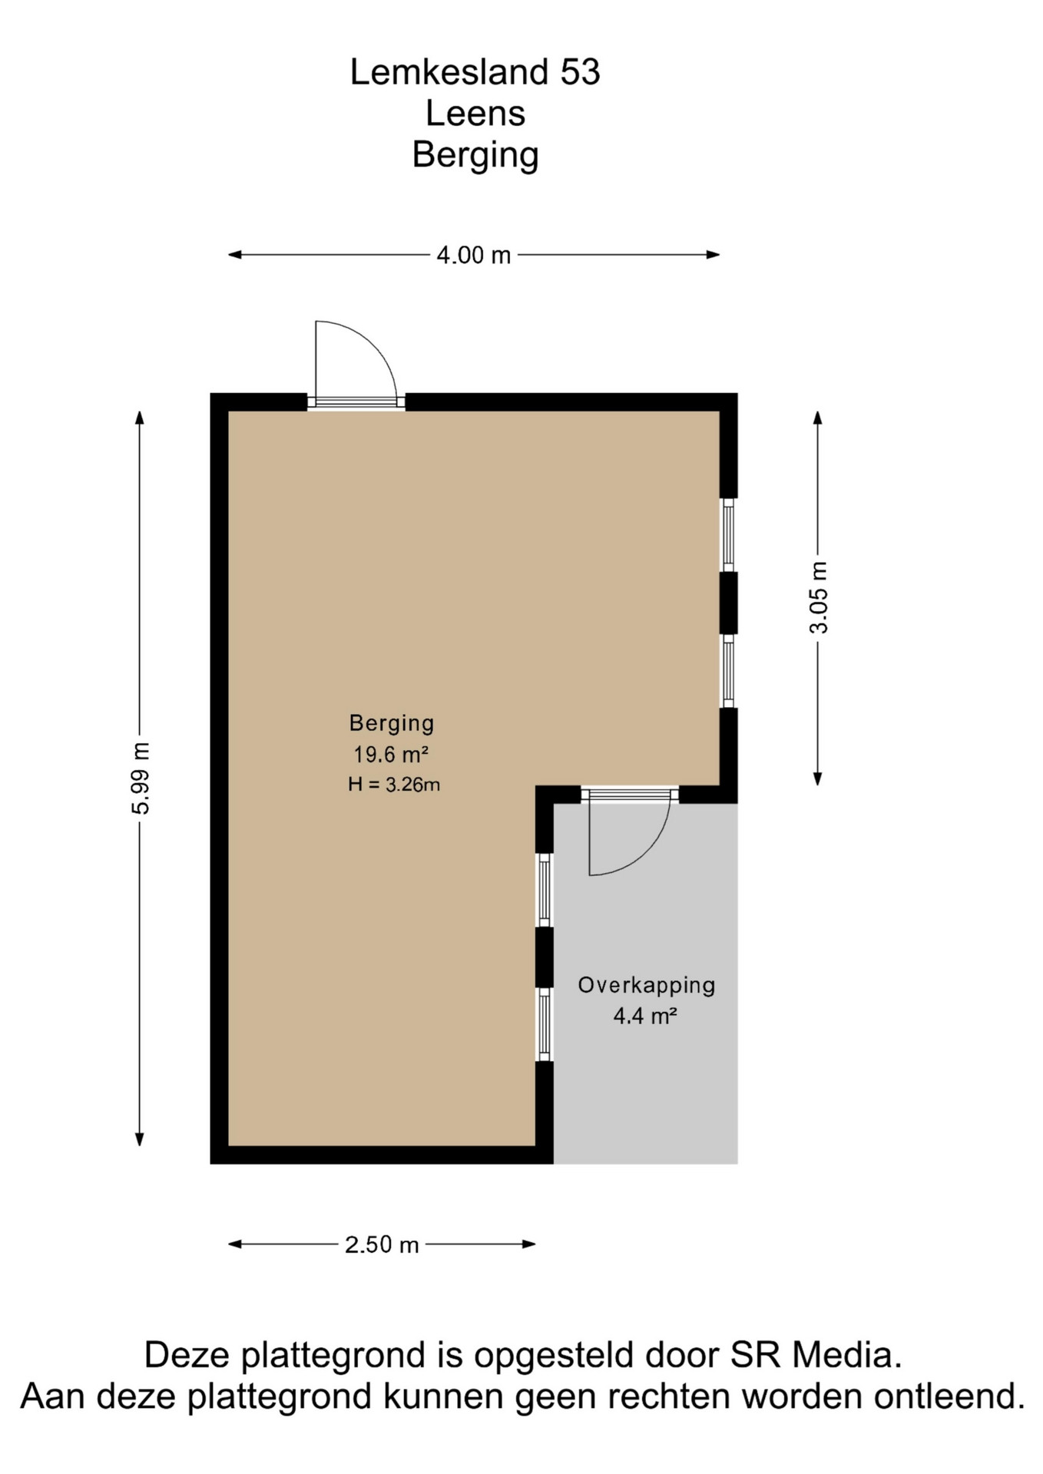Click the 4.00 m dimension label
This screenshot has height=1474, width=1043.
[x=473, y=255]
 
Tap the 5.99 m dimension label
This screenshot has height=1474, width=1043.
[x=141, y=778]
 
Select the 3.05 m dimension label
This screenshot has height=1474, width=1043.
[x=819, y=598]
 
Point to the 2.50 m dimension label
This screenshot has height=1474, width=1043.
[x=382, y=1244]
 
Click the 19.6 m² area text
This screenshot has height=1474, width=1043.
[x=390, y=755]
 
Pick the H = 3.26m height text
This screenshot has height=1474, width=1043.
[x=394, y=785]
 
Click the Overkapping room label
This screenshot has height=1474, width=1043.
[x=647, y=986]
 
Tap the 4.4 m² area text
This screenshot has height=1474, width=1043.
[x=645, y=1016]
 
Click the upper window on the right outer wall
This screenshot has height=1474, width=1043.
[x=728, y=535]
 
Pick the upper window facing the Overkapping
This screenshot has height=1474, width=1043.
[x=545, y=891]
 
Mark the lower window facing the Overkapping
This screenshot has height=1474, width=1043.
[x=545, y=1025]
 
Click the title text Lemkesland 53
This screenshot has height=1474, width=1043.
[x=475, y=72]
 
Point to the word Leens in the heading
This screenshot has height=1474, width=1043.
[x=475, y=114]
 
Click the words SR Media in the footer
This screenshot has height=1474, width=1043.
[x=816, y=1355]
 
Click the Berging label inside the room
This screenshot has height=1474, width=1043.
[x=392, y=724]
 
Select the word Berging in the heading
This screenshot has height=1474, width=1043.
[x=475, y=156]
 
